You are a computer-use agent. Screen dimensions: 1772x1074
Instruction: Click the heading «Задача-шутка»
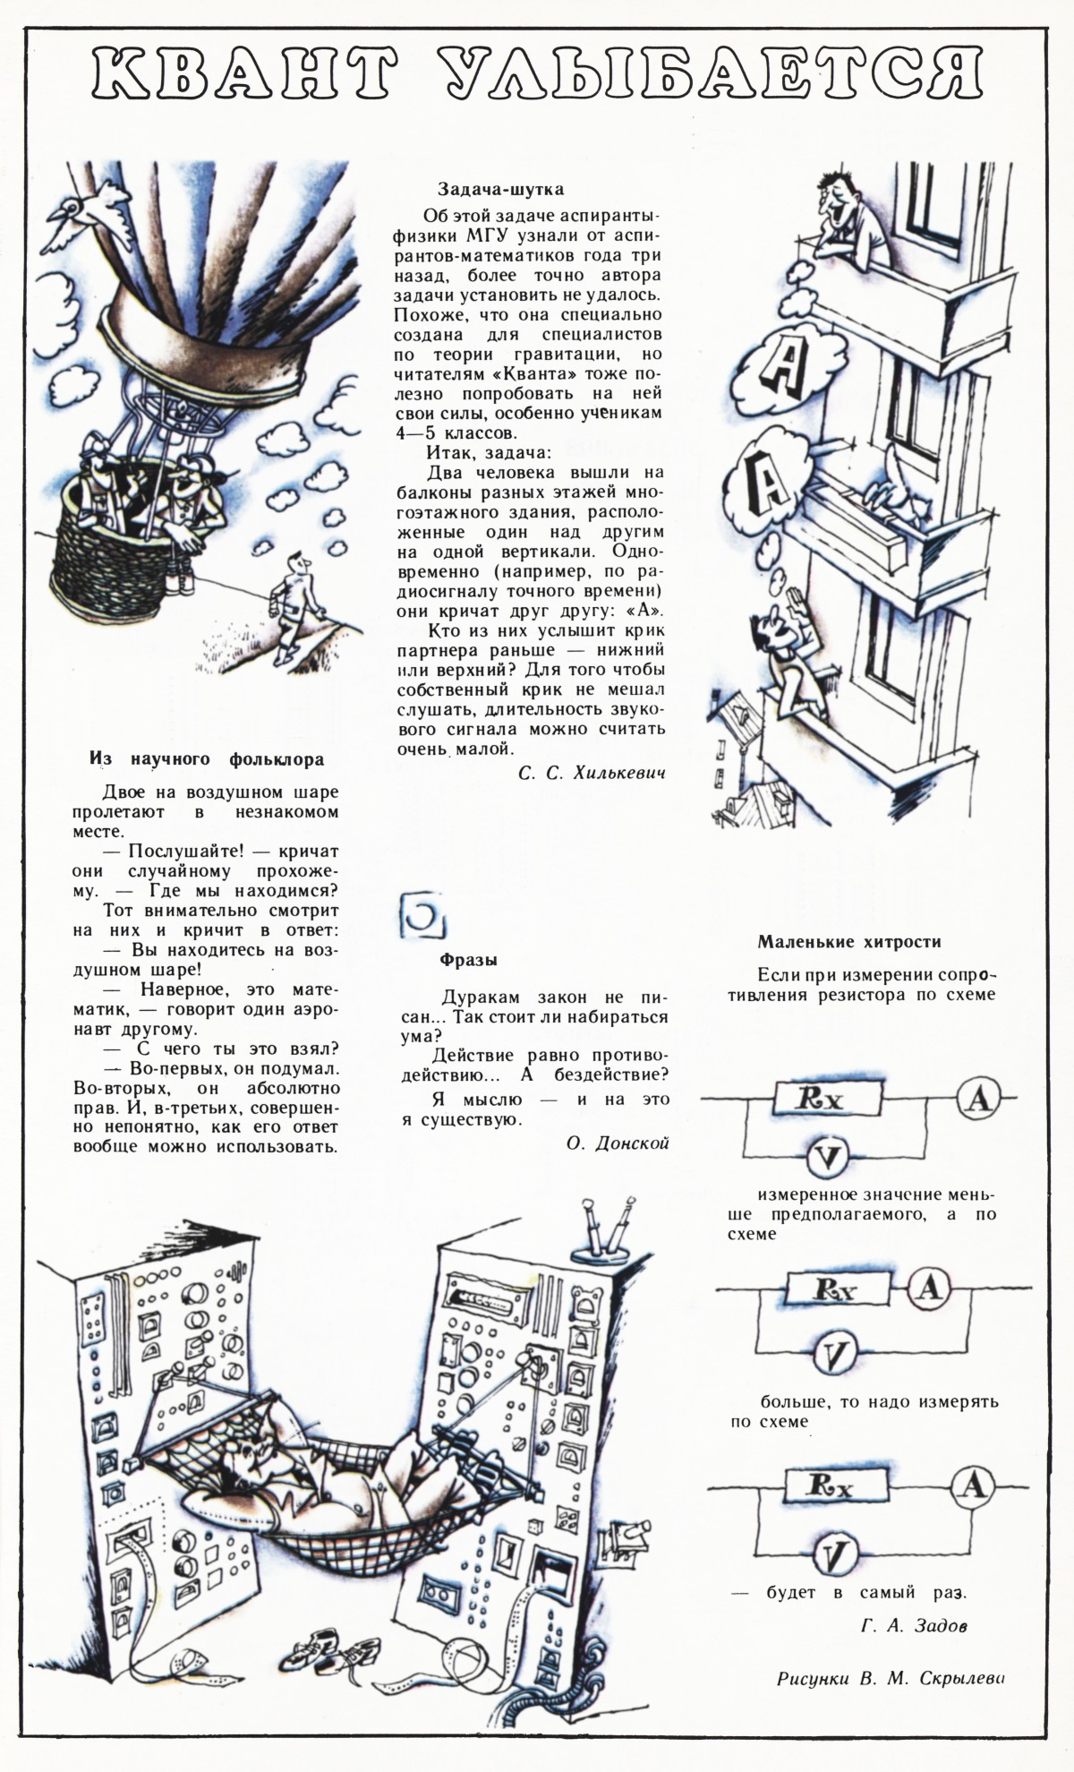(500, 189)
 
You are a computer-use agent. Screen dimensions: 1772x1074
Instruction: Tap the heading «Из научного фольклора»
(207, 759)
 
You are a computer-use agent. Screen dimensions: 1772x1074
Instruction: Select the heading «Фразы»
(468, 960)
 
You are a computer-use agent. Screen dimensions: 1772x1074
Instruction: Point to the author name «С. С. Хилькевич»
(592, 772)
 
